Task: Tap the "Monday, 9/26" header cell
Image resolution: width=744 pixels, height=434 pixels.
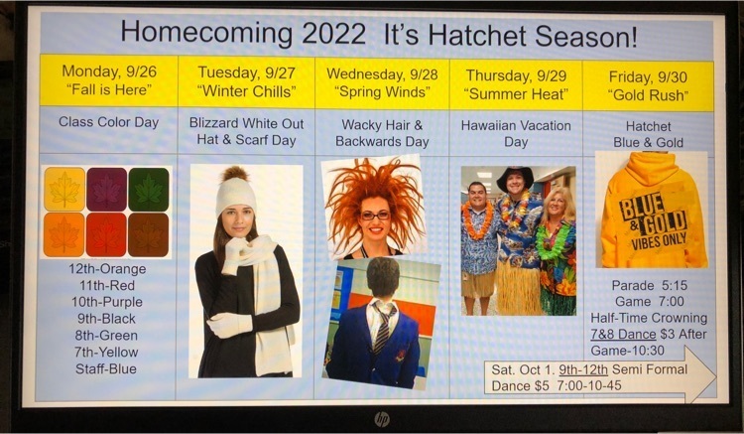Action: (x=109, y=80)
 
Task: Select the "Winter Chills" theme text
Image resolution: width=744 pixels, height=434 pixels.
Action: (x=247, y=91)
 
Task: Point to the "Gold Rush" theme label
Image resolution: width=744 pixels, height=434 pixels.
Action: (x=648, y=95)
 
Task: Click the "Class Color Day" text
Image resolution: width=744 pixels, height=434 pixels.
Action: (x=109, y=122)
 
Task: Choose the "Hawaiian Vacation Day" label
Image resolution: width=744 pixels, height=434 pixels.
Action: (x=516, y=133)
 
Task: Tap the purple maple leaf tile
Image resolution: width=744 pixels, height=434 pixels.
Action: (x=106, y=190)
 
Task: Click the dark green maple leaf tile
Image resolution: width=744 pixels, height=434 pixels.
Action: (x=149, y=190)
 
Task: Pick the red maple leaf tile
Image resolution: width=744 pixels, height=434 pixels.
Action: (x=106, y=234)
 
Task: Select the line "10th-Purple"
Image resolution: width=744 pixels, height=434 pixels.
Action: (x=107, y=302)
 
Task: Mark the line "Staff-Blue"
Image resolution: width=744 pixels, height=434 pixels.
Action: (x=106, y=368)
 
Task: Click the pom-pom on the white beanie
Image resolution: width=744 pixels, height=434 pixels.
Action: (x=236, y=174)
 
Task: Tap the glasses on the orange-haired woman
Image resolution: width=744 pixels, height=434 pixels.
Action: (x=375, y=216)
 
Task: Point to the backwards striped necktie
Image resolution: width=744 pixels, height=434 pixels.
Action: (x=383, y=327)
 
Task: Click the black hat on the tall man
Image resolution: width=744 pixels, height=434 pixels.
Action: (x=515, y=177)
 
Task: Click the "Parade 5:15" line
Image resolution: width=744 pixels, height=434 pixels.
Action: (x=649, y=285)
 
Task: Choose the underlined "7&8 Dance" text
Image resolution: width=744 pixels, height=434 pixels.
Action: (x=623, y=335)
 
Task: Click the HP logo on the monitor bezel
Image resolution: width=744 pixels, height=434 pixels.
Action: (x=382, y=419)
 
